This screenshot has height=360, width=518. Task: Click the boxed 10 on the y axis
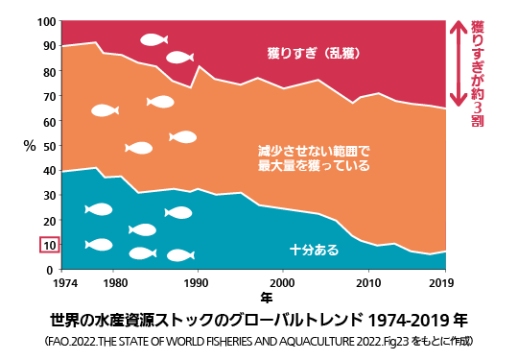pos(49,246)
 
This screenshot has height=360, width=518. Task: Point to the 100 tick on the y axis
pos(46,21)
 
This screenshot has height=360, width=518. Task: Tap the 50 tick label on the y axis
pos(49,146)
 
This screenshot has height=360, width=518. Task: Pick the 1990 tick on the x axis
pos(198,284)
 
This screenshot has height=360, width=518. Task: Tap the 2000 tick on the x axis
pos(282,284)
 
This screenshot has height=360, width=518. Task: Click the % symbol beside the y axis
pos(30,146)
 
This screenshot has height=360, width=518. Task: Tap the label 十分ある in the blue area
pos(314,250)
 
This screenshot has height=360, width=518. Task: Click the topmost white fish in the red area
pos(153,39)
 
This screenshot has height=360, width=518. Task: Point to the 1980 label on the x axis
pos(114,284)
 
